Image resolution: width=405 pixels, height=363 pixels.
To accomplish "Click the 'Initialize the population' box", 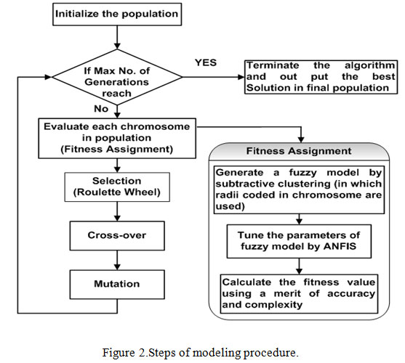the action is pos(117,15).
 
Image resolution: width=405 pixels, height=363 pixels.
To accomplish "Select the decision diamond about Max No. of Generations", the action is pos(117,77).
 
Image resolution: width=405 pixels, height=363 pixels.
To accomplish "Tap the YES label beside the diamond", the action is pos(206,62).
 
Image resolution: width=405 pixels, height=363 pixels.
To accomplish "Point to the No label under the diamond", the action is pos(101,109).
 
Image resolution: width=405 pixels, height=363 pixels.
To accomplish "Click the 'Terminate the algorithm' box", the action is pos(321,77).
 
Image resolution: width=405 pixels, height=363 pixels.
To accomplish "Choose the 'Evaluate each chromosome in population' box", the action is pos(117,138).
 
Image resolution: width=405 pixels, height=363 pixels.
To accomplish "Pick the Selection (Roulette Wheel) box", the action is pos(117,187).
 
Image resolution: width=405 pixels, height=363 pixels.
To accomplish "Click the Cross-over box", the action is pos(117,236).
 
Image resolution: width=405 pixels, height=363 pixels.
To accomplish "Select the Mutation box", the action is pos(117,285).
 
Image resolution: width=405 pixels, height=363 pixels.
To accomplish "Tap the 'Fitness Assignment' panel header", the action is pos(299,151).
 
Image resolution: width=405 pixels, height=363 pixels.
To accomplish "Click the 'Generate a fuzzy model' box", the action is pos(299,189).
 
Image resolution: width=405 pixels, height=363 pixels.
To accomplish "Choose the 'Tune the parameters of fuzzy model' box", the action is pos(299,241).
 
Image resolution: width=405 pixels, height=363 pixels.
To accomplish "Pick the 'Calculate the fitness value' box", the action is pos(299,294).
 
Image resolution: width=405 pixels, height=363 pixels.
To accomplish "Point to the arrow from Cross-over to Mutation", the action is pos(117,260).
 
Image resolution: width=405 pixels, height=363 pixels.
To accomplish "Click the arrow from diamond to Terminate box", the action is pos(214,77).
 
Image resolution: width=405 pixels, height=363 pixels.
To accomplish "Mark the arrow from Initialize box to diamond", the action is pos(117,37).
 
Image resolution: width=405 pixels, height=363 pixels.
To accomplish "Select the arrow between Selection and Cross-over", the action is pos(117,211).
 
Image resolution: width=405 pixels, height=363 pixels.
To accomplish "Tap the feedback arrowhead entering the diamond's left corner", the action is pos(49,77).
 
